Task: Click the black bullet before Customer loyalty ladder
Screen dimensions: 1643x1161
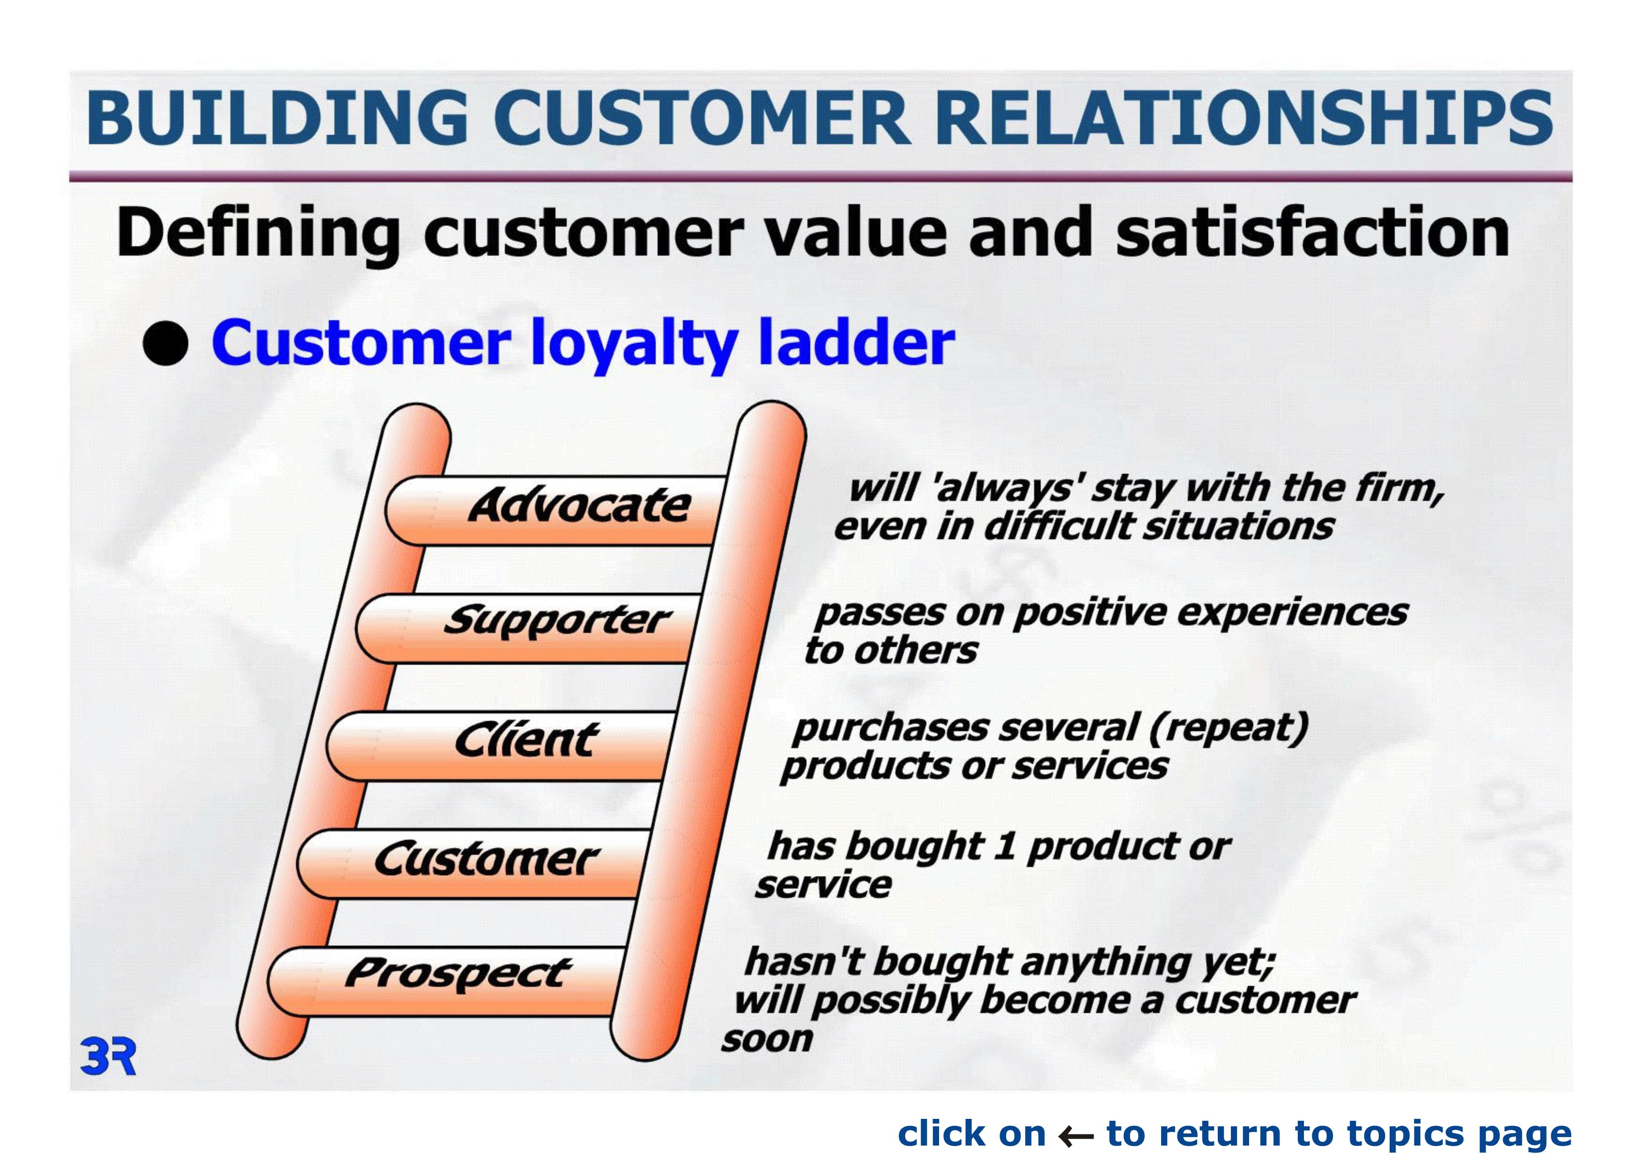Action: tap(165, 343)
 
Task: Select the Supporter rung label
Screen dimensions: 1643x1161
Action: tap(557, 621)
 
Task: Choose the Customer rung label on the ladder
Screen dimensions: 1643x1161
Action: tap(487, 859)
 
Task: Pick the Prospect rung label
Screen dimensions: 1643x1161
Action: tap(458, 974)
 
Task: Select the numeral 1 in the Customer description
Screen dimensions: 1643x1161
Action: tap(1005, 847)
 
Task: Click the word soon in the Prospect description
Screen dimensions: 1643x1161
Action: tap(767, 1039)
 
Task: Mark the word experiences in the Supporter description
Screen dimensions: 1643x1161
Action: tap(1292, 613)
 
